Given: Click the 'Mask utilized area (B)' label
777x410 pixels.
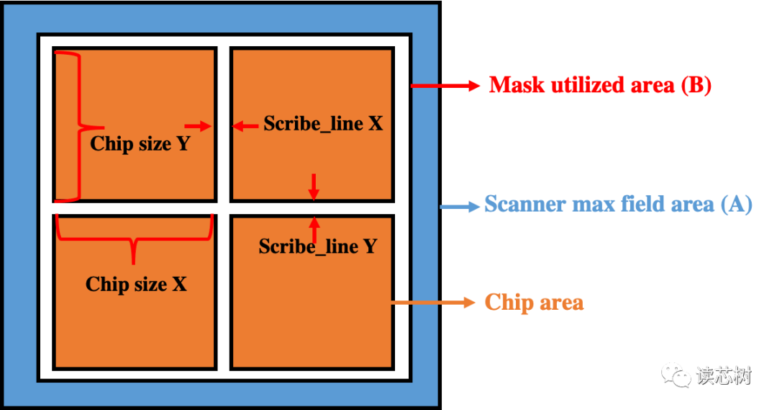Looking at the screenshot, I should (x=599, y=85).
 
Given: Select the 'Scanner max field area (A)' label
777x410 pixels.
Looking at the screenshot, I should (x=617, y=205).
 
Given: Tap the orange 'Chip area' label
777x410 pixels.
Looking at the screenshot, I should (x=534, y=301).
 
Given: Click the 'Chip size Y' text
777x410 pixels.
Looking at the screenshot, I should (x=140, y=144).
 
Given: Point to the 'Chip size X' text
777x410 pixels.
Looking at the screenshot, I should (x=136, y=284).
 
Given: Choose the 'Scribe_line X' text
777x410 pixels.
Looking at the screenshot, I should (x=323, y=124).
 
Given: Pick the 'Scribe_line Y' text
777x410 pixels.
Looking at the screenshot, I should (x=318, y=246).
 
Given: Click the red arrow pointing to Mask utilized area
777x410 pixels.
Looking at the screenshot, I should (x=445, y=86).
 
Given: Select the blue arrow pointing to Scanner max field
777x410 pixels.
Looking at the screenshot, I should (x=460, y=207).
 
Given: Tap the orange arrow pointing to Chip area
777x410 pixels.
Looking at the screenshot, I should (x=434, y=303).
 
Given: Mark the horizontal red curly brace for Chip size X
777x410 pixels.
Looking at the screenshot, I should (x=134, y=235).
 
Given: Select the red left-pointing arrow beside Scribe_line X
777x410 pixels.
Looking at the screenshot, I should (x=245, y=127).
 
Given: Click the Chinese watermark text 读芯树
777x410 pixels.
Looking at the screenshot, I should (x=723, y=375).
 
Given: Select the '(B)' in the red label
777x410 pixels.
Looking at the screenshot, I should (x=696, y=85).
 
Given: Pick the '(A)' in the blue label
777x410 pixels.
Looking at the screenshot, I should (x=736, y=205).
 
